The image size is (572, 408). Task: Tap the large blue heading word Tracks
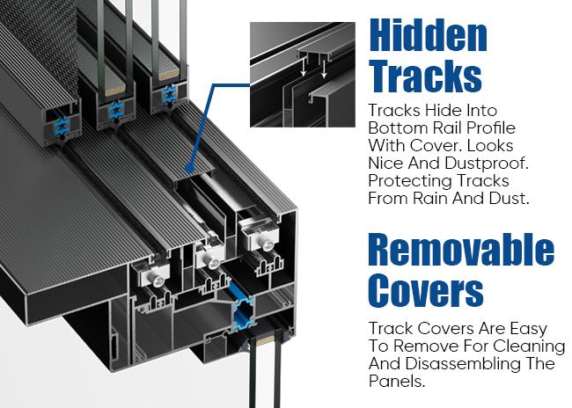pos(426,76)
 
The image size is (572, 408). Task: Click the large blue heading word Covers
pos(425,290)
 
